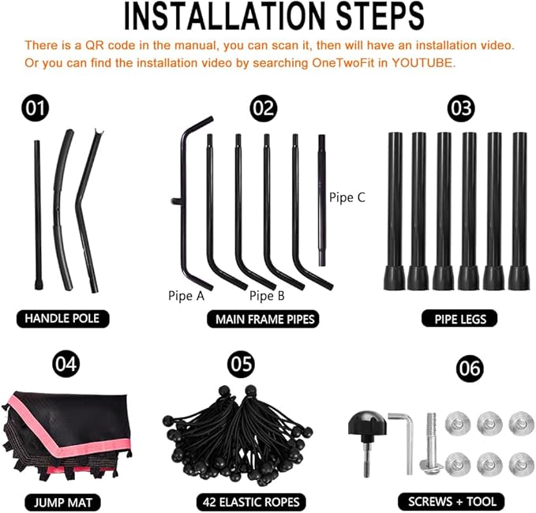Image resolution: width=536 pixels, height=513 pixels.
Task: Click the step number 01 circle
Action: coord(36,108)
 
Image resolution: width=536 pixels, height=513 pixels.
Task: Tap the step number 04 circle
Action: coord(66,364)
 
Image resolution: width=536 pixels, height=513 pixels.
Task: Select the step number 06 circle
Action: coord(470,369)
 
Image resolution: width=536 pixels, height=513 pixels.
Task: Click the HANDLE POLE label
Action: coord(62,319)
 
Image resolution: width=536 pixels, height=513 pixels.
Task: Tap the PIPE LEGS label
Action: coord(460,319)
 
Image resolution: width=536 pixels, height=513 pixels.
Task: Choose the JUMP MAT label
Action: coord(63,503)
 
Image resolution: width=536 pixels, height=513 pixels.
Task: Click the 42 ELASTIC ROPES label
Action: coord(251,502)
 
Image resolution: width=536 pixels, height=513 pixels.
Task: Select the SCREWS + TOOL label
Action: coord(452,502)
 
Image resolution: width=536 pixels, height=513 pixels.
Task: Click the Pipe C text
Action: coord(347,197)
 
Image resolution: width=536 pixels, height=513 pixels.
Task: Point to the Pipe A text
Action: coord(186,296)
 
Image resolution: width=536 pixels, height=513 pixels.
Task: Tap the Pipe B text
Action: coord(267,296)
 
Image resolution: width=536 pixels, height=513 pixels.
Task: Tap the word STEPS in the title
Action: coord(380,17)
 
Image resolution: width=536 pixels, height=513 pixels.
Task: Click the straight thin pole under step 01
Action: coord(38,215)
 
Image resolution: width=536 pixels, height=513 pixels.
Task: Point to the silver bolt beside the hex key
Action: coord(431,444)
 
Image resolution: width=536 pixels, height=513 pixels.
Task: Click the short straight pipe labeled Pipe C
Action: coord(321,200)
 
